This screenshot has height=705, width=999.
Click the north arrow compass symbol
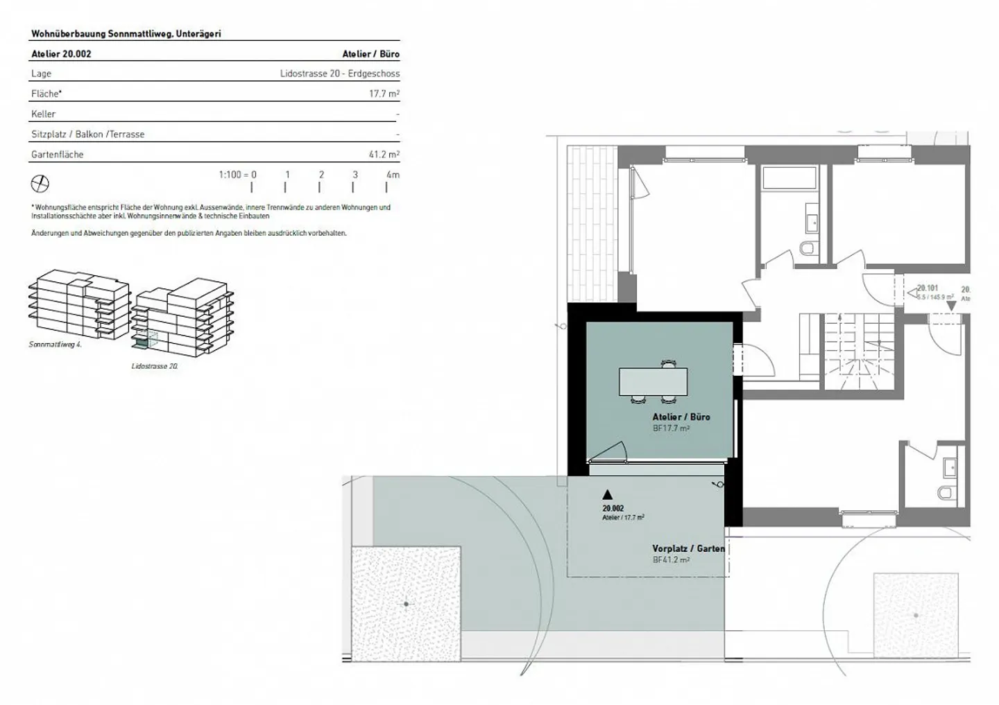click(40, 184)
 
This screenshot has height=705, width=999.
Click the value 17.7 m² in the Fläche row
click(384, 94)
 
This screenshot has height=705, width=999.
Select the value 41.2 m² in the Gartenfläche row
click(384, 155)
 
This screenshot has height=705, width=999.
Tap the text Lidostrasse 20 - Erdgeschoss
click(339, 73)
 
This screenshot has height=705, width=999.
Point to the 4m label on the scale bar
click(393, 175)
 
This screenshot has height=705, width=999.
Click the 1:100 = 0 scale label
click(237, 175)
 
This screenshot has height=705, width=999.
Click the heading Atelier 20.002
click(61, 53)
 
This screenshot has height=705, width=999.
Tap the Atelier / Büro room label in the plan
click(681, 417)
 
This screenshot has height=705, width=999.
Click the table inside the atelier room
click(653, 381)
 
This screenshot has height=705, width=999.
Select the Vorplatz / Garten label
click(688, 548)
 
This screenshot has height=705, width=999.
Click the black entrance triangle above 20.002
click(608, 494)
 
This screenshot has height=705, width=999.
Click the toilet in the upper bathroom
click(808, 248)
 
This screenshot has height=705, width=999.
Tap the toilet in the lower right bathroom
click(945, 493)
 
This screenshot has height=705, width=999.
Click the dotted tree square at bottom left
click(406, 604)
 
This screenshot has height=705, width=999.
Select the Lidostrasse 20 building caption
click(155, 366)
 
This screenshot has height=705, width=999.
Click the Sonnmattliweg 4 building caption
click(55, 345)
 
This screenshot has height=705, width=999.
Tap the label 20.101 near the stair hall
click(928, 288)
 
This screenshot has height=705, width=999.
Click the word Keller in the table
click(43, 114)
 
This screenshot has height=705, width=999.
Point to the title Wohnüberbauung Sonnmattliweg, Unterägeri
click(126, 33)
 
